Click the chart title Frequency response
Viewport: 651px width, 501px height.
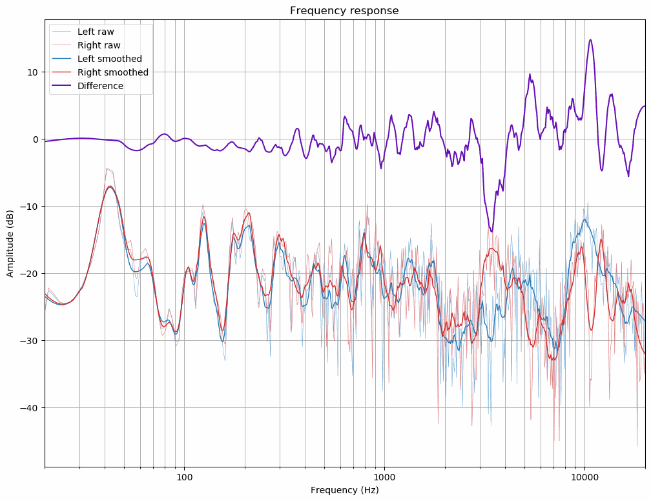(344, 10)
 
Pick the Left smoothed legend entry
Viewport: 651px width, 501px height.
(109, 59)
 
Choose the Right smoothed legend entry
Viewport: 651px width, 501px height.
(112, 72)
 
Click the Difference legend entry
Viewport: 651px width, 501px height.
(100, 86)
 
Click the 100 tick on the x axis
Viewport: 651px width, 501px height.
(185, 477)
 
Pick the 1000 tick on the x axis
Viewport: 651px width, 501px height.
(384, 477)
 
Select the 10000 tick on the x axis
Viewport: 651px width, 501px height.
(584, 477)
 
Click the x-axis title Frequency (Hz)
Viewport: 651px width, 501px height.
(344, 490)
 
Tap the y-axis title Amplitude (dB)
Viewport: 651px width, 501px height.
(10, 242)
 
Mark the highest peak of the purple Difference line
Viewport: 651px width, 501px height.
(590, 39)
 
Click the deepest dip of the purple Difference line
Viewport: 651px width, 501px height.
(492, 231)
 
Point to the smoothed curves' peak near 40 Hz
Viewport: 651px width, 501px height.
(110, 186)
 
